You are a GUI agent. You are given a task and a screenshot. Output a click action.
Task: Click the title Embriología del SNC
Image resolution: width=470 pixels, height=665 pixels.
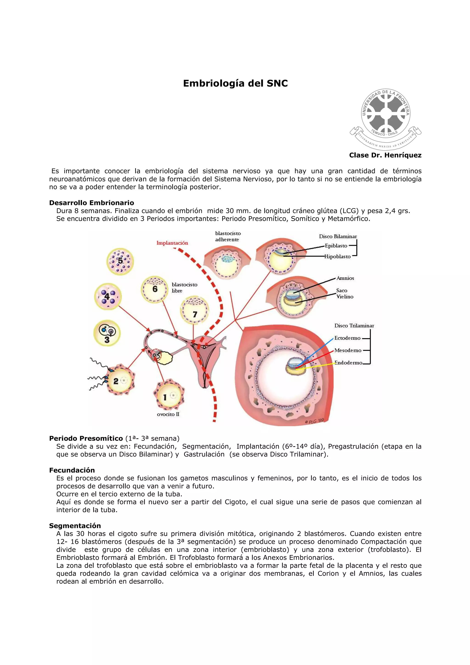pos(235,84)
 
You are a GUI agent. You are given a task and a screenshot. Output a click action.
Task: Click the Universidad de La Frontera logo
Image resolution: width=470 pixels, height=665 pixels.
pos(386,119)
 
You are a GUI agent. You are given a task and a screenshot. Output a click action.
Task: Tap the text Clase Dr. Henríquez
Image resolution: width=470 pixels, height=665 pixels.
pos(385,155)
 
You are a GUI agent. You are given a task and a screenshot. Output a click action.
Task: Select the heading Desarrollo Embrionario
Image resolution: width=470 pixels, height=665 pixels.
pos(92,203)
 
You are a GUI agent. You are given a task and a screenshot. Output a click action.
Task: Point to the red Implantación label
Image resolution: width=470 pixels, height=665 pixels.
pos(172,243)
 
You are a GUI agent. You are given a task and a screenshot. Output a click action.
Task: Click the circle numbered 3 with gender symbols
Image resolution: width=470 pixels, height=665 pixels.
pos(107,333)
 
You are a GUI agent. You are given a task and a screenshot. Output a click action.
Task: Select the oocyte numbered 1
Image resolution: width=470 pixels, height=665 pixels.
pos(169,394)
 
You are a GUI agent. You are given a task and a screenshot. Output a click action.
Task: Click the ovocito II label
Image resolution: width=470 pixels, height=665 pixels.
pos(168,414)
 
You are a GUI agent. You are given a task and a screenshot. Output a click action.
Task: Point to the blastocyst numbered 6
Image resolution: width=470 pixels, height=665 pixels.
pos(154,289)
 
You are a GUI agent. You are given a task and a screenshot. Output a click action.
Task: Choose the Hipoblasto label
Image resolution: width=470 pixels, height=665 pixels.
pos(337,257)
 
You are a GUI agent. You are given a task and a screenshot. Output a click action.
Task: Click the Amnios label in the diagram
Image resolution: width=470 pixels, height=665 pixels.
pos(345,278)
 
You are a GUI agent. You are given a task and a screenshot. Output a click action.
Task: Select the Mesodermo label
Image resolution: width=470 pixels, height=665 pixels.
pos(348,350)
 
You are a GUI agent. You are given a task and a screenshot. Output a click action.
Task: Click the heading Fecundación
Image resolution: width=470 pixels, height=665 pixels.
pos(72,470)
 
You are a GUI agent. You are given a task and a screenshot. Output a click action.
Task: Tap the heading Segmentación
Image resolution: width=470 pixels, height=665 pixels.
pos(75,526)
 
